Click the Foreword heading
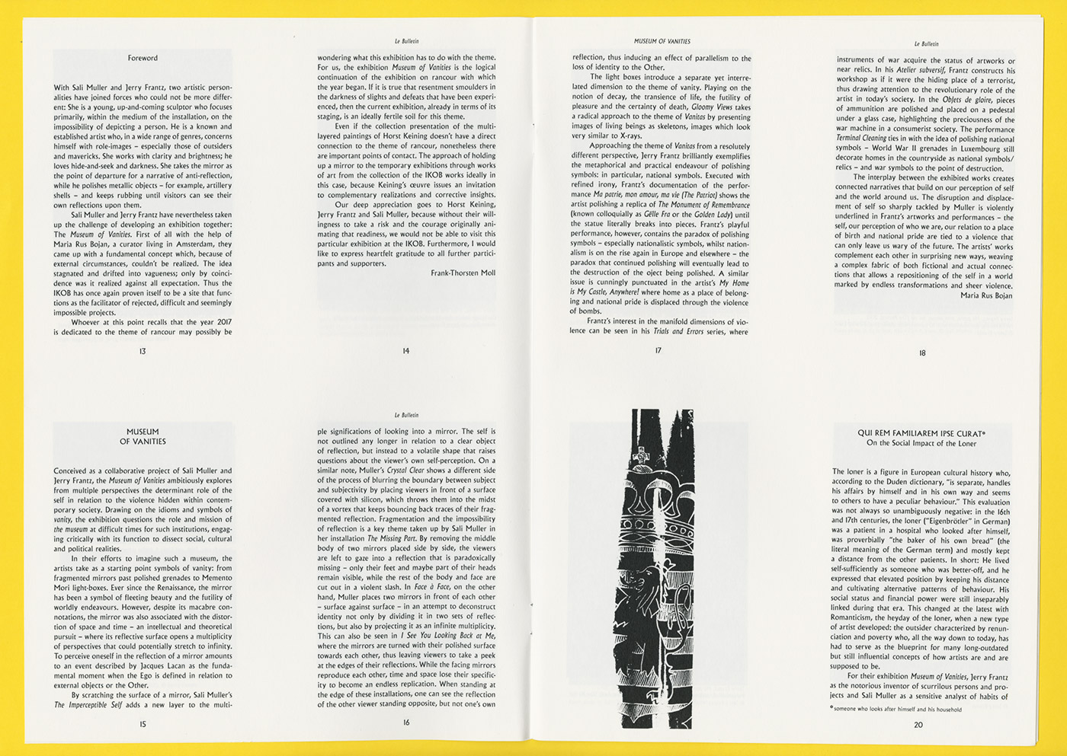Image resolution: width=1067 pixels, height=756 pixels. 143,58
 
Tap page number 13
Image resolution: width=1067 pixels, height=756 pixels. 143,351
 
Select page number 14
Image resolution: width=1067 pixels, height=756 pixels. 406,351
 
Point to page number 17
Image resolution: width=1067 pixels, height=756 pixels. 658,350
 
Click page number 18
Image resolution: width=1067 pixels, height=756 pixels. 922,352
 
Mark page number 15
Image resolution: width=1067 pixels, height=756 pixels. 143,724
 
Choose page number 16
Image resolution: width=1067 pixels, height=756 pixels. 406,723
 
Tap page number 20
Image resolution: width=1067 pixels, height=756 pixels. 918,725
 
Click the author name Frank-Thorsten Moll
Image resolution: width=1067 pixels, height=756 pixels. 463,273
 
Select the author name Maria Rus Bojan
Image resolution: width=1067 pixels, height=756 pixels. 986,295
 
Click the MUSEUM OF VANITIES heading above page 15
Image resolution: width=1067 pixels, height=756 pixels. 143,436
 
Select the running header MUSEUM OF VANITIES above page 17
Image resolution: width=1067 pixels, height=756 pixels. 662,41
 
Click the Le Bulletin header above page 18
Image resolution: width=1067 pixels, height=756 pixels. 927,44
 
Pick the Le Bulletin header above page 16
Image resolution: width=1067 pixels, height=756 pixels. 406,415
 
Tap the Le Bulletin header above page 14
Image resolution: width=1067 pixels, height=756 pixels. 406,41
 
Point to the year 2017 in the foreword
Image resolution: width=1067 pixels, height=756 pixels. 224,322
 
